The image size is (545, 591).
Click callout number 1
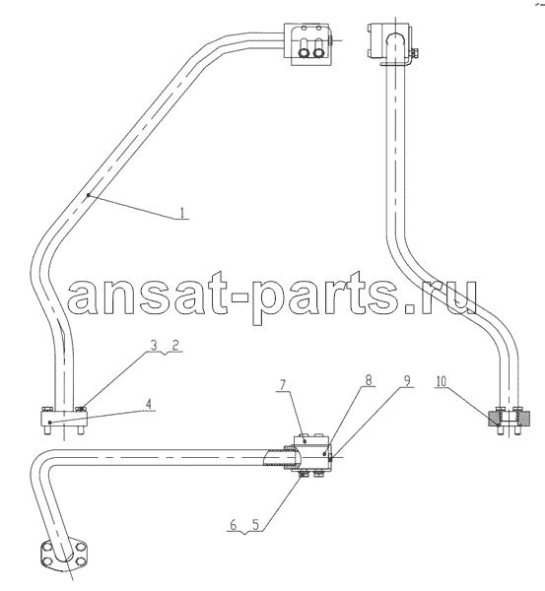coord(182,214)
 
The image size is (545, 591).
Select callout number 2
coord(175,346)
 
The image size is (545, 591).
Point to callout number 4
coord(149,405)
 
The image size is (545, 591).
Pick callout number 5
coord(255,525)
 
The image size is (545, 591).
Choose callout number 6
coord(234,525)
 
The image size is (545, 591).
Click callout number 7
coord(283,385)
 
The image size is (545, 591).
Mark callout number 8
coord(368,380)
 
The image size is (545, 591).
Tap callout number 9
coord(407,380)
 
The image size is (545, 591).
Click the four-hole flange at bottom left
coord(64,554)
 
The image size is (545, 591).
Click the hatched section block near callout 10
coord(510,419)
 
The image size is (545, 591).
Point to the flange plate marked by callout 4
coord(64,420)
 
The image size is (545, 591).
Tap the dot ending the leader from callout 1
coord(89,195)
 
